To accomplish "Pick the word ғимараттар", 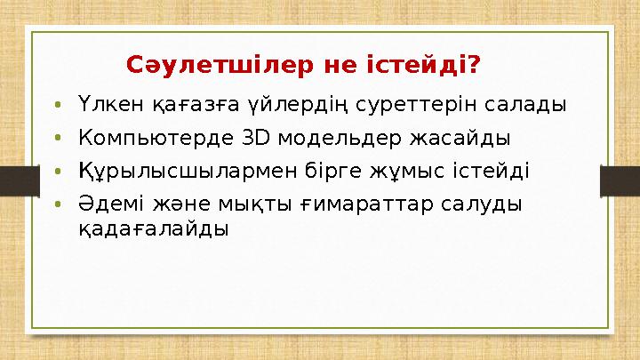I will point(364,204).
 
